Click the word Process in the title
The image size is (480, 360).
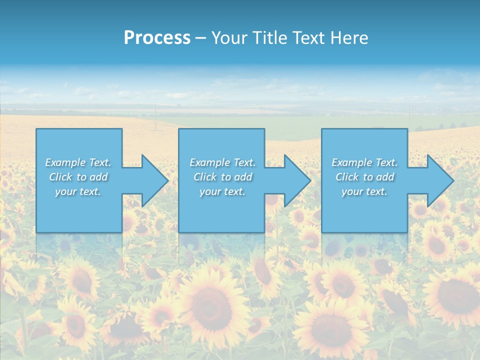tap(157, 38)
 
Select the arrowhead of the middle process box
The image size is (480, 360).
tap(297, 180)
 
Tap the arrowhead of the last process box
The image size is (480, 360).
tap(439, 180)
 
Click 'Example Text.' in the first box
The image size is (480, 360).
tap(78, 162)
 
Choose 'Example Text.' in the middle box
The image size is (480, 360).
tap(222, 162)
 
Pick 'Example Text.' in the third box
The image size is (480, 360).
tap(364, 162)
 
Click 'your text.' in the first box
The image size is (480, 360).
tap(78, 191)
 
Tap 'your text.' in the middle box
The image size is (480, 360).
tap(222, 191)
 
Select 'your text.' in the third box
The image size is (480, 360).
tap(364, 191)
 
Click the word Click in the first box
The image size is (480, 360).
tap(60, 177)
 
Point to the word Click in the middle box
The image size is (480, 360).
tap(204, 177)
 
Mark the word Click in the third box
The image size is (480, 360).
tap(347, 177)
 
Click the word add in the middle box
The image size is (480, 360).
tap(243, 177)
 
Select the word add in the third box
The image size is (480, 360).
tap(385, 177)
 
